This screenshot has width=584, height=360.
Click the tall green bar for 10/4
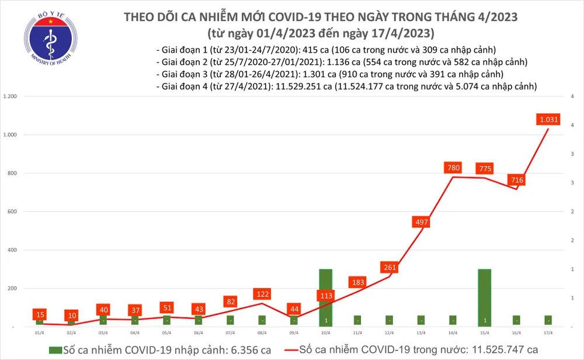pos(326,297)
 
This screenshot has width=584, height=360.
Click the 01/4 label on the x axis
pos(39,333)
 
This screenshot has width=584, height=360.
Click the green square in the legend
pos(54,349)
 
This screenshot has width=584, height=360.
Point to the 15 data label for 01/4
pos(39,314)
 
